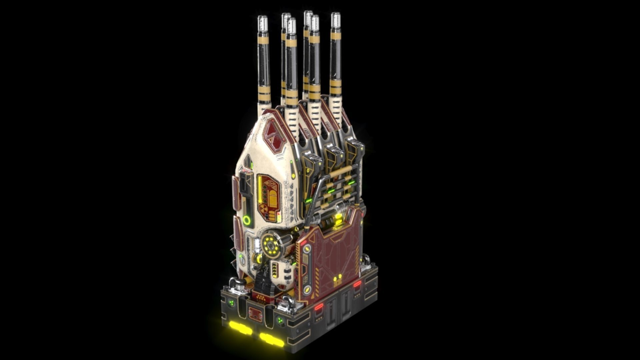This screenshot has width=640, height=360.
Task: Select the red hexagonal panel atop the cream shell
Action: tap(274, 135)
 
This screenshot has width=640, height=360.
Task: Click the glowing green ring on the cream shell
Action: tap(247, 220)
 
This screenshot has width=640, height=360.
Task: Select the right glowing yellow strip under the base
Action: tap(272, 340)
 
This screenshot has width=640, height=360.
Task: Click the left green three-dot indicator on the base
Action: tap(231, 303)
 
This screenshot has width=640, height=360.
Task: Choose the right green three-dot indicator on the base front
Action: tap(280, 321)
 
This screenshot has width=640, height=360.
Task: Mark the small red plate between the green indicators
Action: tap(256, 314)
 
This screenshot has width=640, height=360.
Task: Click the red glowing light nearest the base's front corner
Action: tap(319, 307)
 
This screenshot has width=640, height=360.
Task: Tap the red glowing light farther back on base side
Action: tap(357, 284)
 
